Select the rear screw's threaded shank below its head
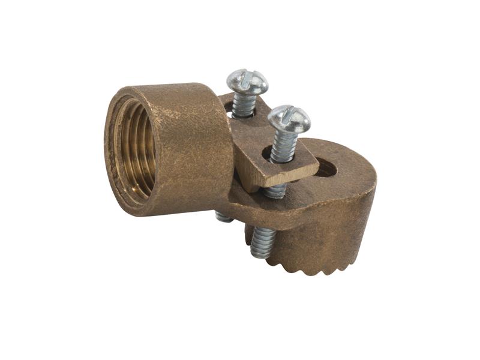243,105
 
